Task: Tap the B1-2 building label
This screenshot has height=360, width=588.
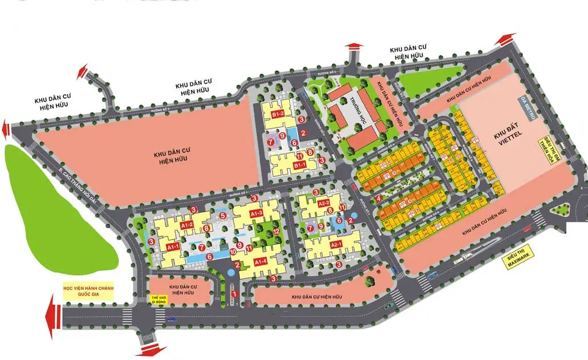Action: (x=278, y=115)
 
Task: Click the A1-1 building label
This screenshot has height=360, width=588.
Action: (x=173, y=246)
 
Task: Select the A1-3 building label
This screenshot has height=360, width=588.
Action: (x=255, y=213)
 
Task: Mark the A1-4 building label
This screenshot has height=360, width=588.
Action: (x=260, y=262)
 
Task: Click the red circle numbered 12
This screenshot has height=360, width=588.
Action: (x=276, y=232)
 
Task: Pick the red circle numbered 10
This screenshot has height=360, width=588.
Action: (x=233, y=252)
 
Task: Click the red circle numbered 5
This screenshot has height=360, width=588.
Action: (x=222, y=215)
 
